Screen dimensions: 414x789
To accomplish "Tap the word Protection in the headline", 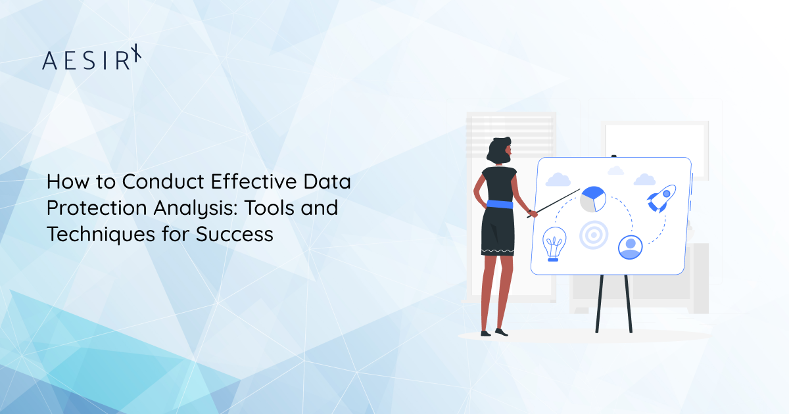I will click(x=94, y=208).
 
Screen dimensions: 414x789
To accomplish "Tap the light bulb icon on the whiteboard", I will click(x=553, y=244).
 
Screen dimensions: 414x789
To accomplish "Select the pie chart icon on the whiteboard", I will click(x=592, y=199).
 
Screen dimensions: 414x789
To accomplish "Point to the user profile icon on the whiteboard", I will click(x=630, y=246).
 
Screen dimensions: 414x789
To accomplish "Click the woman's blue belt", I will click(x=497, y=204).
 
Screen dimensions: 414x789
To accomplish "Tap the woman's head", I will click(x=498, y=149).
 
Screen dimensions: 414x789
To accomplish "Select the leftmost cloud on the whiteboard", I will click(x=558, y=179).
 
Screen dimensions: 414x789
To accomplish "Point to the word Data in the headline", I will click(x=327, y=182).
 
